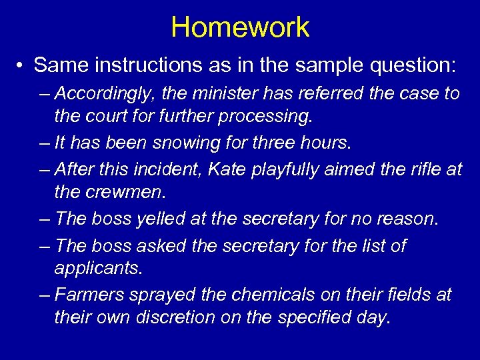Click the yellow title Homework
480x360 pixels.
coord(240,27)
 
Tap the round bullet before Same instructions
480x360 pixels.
coord(22,66)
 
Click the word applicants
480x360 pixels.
coord(98,269)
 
